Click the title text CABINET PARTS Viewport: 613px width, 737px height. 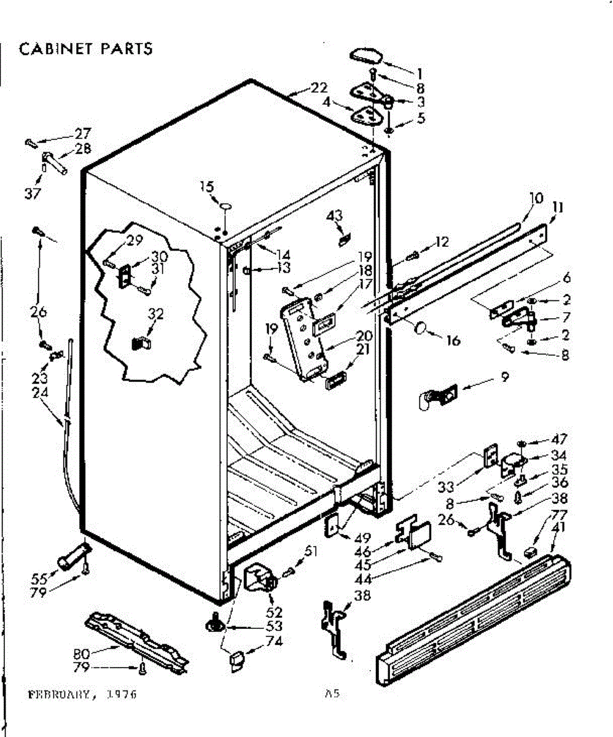coord(86,49)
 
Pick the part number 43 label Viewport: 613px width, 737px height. coord(335,216)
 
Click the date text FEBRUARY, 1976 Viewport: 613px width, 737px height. coord(82,695)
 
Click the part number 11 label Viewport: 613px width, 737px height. coord(558,208)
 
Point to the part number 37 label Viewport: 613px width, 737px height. coord(32,194)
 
